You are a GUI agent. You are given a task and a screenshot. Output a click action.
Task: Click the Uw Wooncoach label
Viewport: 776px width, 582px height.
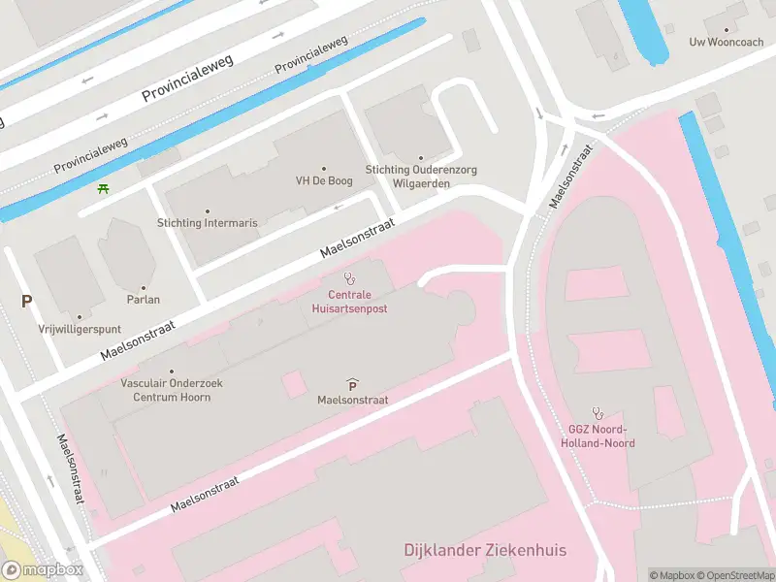[x=726, y=42]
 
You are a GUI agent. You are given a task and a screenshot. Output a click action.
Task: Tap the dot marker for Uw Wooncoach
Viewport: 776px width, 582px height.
[x=727, y=29]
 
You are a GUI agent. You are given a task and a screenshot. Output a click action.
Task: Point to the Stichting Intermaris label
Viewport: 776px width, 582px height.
[x=208, y=223]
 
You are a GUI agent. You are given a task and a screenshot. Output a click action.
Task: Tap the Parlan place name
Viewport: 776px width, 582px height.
[x=143, y=300]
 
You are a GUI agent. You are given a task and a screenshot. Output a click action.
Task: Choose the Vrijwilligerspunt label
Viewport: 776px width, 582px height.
[x=80, y=329]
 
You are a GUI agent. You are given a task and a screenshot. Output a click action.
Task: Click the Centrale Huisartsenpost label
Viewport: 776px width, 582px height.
[x=350, y=301]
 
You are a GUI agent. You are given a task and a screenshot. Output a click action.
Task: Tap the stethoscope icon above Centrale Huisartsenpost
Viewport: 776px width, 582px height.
[x=350, y=278]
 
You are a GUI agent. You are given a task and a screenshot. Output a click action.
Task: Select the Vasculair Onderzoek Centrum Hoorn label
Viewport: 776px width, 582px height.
[x=172, y=390]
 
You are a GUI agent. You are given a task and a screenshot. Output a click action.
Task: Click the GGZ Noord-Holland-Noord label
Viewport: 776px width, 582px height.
[x=598, y=436]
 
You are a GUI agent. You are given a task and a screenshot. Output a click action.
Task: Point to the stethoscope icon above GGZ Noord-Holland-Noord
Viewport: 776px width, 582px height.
[x=598, y=412]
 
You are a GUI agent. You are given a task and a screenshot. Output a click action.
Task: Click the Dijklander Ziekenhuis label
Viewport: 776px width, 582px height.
[x=485, y=551]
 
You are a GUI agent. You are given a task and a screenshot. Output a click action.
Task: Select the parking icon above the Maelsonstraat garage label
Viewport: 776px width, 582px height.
[x=351, y=385]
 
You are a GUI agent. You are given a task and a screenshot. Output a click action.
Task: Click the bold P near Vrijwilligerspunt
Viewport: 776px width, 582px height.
[x=26, y=302]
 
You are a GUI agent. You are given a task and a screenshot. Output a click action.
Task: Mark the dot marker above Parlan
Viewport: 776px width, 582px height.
[x=144, y=287]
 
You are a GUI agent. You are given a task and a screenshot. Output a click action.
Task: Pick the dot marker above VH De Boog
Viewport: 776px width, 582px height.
[x=323, y=168]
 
